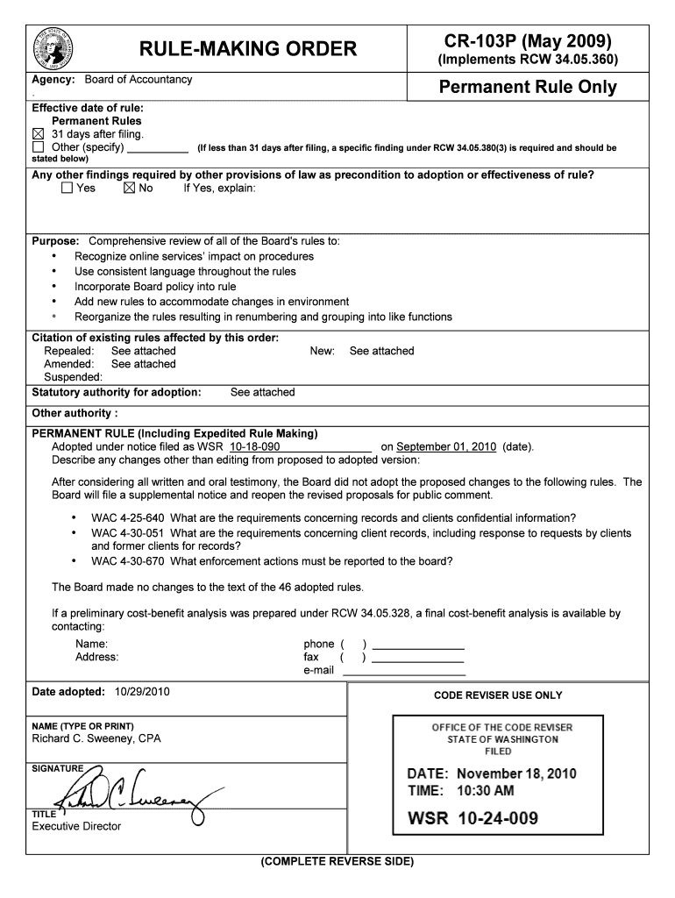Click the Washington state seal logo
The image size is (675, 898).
click(53, 47)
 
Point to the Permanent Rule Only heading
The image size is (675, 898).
click(528, 87)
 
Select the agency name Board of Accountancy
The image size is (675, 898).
click(139, 80)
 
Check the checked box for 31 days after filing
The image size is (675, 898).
click(38, 134)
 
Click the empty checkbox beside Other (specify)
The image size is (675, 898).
click(38, 147)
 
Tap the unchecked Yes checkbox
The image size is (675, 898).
click(67, 188)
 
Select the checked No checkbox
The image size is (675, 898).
click(130, 188)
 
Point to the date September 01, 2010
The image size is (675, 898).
click(446, 446)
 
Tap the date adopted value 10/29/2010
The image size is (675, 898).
click(141, 692)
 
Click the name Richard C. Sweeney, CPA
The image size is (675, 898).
click(96, 738)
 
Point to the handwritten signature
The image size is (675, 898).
click(131, 791)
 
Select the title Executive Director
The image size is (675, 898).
click(76, 826)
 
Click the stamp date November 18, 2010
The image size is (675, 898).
click(515, 773)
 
